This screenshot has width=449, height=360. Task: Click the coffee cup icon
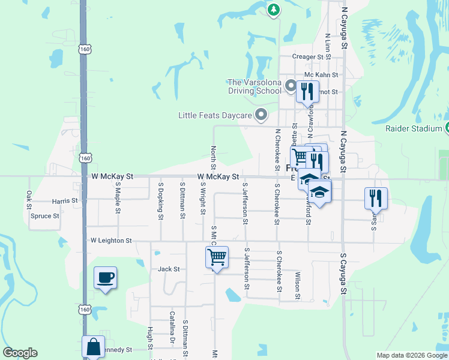click(105, 278)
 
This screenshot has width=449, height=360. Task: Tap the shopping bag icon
click(94, 347)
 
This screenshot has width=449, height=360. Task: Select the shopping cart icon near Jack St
click(217, 257)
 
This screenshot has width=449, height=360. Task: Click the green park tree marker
click(274, 9)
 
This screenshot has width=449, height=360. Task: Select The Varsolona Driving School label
click(255, 86)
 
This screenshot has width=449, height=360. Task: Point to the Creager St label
click(308, 57)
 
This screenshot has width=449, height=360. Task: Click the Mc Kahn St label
click(322, 75)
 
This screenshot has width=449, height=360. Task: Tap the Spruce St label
click(45, 216)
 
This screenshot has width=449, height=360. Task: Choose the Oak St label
click(29, 200)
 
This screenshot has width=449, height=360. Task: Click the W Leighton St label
click(111, 241)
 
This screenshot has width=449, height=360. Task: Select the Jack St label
click(169, 269)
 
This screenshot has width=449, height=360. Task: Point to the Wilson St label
click(298, 285)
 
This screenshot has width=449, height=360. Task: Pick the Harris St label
click(65, 200)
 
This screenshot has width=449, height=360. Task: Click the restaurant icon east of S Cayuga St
click(376, 198)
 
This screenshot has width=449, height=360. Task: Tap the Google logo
click(20, 353)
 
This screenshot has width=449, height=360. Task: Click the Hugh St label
click(150, 340)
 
